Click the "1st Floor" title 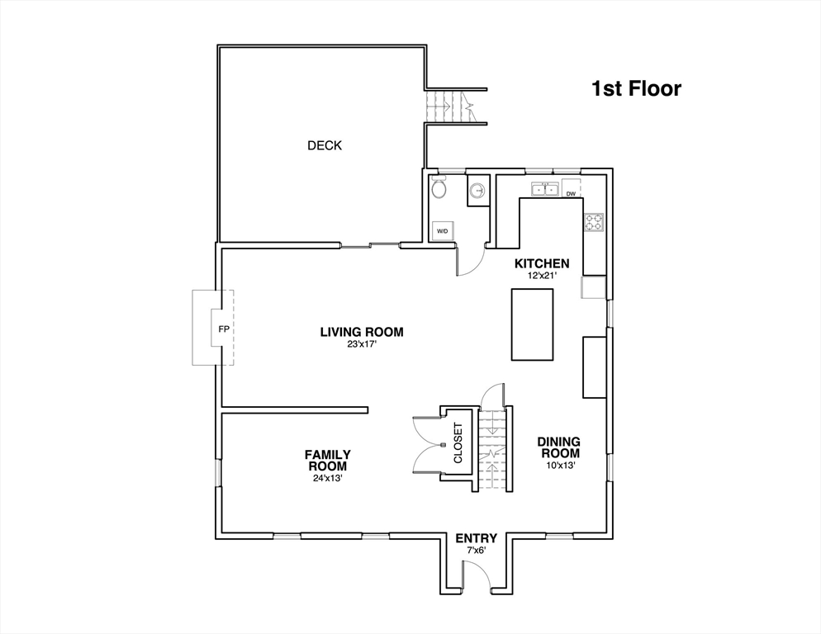coord(636,88)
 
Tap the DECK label coord(325,145)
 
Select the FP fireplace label coord(224,329)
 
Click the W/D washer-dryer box coord(443,231)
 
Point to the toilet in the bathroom coord(439,187)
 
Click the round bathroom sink coord(477,191)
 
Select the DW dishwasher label coord(571,194)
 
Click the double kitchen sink coord(544,189)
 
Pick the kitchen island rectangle coord(533,324)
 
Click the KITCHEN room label coord(542,263)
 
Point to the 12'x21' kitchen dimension coord(542,275)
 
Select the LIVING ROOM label coord(362,332)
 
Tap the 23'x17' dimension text coord(362,343)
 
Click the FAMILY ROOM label coord(328,460)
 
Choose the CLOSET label coord(458,443)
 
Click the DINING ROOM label coord(558,447)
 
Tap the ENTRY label coord(476,538)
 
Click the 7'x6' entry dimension coord(476,551)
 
